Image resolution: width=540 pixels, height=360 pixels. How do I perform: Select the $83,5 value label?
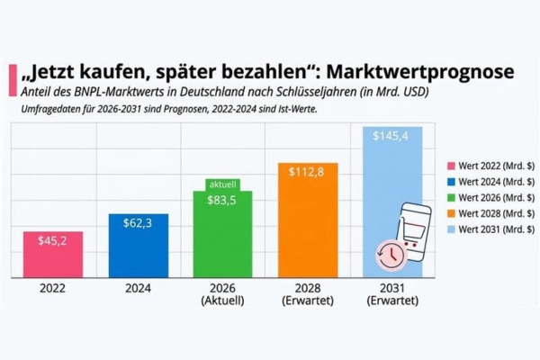click(x=221, y=200)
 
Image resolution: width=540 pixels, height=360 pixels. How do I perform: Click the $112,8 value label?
click(x=307, y=172)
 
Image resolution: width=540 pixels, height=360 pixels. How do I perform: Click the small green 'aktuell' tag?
click(x=221, y=183)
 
